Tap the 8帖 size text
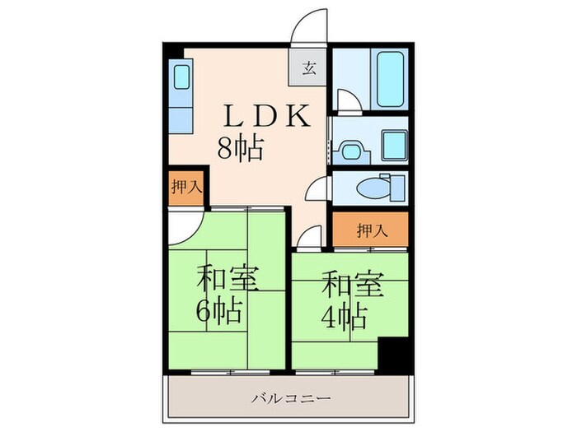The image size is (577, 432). tap(240, 149)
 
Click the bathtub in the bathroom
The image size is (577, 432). tap(391, 78)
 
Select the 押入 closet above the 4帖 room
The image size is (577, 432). tap(371, 230)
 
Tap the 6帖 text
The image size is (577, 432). tap(218, 313)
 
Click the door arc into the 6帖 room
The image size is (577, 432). tap(185, 225)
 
